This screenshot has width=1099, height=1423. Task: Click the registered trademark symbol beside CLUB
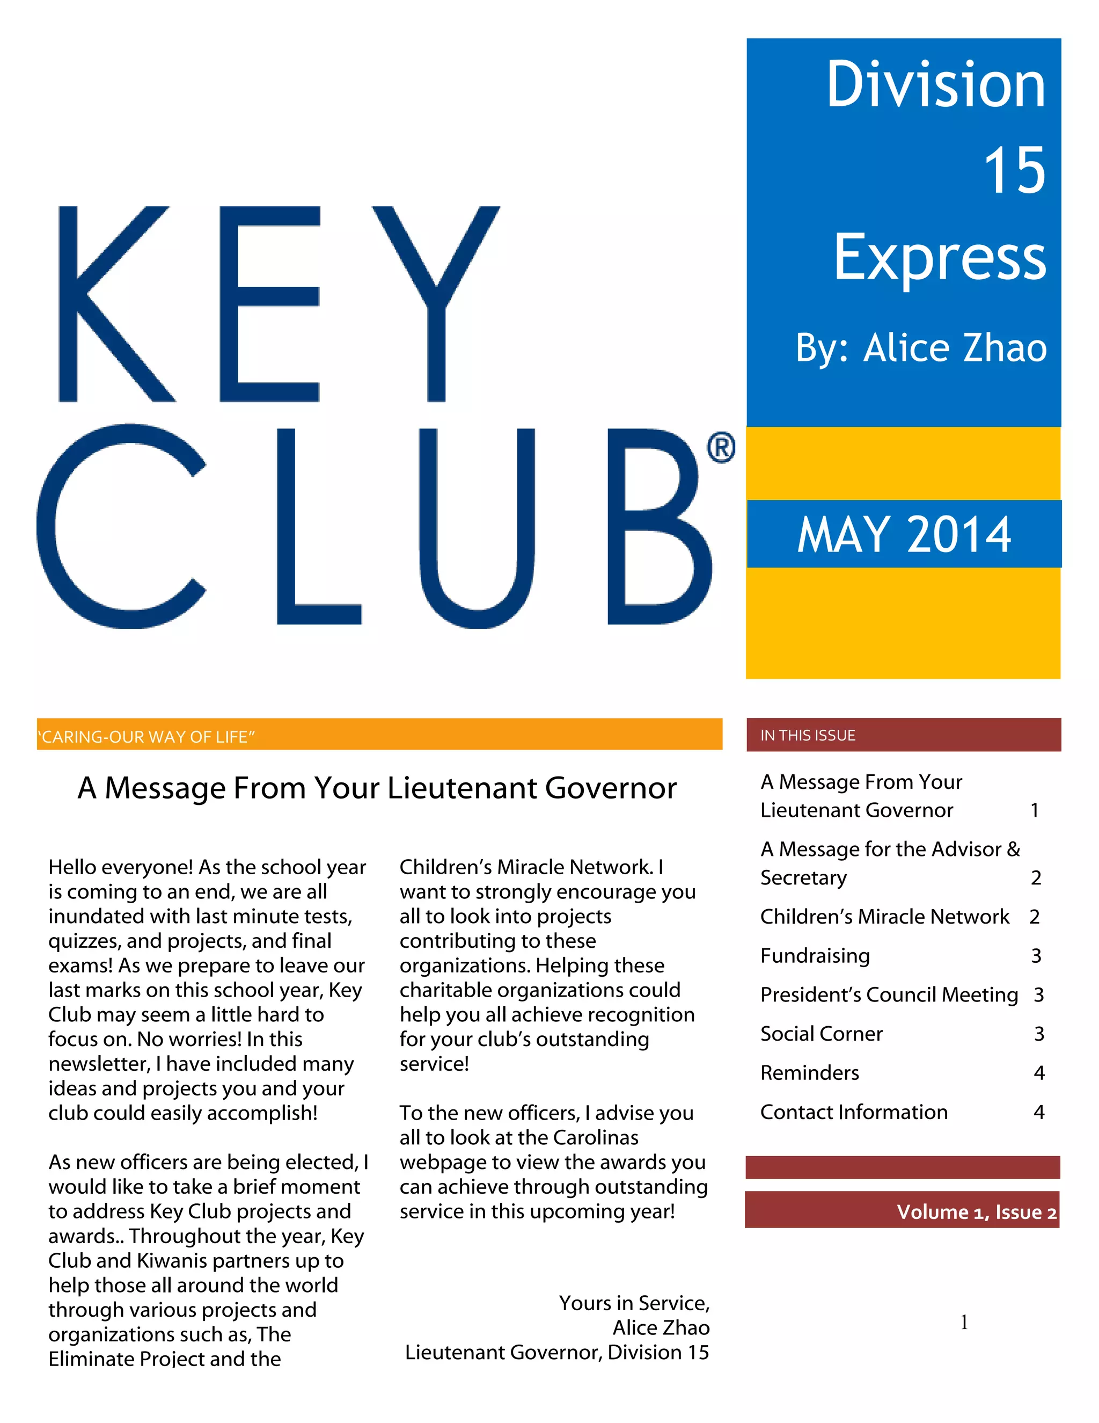tap(721, 448)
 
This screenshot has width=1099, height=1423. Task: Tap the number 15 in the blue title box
tap(1013, 171)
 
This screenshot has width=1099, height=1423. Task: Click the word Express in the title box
tap(940, 259)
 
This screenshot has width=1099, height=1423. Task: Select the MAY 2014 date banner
tap(904, 534)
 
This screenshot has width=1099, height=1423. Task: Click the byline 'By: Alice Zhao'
tap(921, 348)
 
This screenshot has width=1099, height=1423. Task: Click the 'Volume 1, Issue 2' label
tap(976, 1212)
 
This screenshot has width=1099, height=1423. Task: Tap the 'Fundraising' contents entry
tap(815, 955)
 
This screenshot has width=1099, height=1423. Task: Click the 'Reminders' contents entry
tap(809, 1072)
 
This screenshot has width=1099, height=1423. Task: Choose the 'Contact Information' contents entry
tap(854, 1112)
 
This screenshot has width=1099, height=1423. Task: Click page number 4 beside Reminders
tap(1038, 1073)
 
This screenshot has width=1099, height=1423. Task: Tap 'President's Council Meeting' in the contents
tap(889, 994)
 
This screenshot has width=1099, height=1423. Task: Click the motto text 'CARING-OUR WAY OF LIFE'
tap(146, 737)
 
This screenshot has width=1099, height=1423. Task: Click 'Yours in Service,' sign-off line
tap(634, 1303)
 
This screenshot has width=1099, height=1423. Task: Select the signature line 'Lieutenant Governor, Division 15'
tap(556, 1352)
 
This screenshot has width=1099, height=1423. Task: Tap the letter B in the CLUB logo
tap(657, 526)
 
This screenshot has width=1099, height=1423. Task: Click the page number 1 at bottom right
tap(964, 1322)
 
